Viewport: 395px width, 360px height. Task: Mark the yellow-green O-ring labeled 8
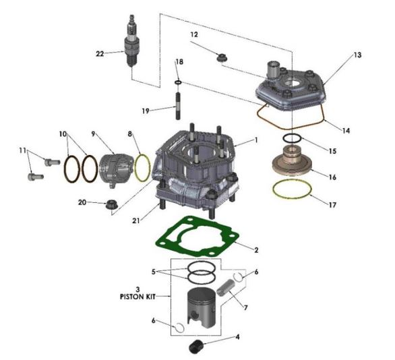142,167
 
